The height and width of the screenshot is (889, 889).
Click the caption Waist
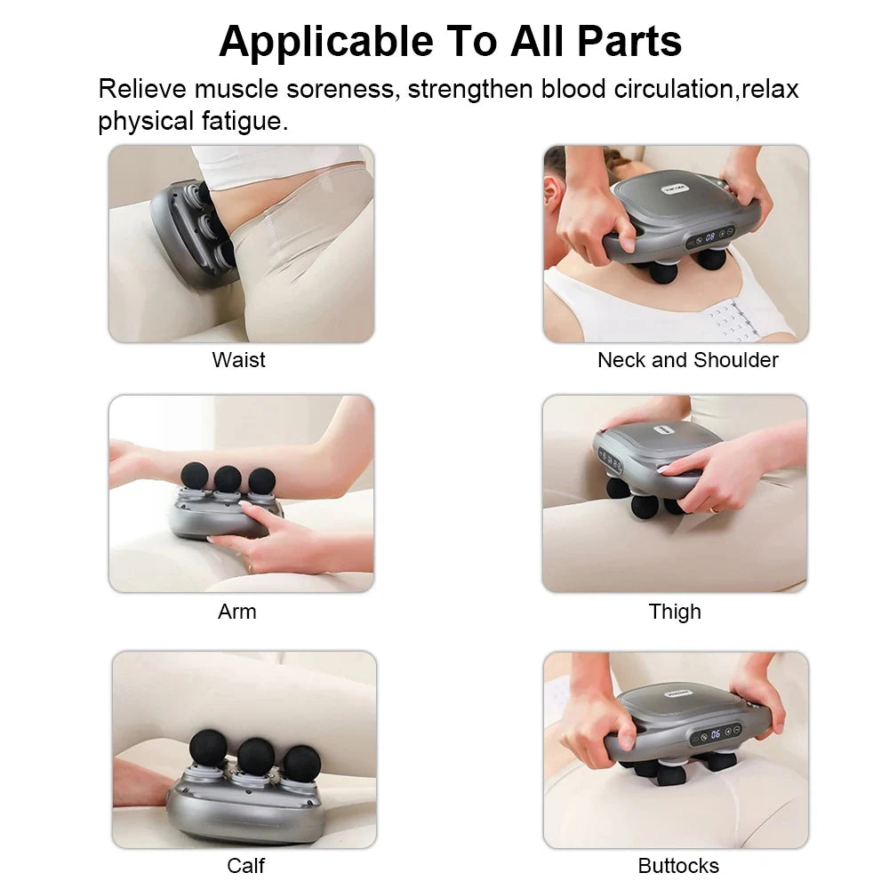tap(238, 360)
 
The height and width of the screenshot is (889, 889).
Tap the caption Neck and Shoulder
tap(687, 360)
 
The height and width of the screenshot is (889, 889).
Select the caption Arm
tap(236, 612)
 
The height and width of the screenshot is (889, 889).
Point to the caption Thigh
tap(675, 612)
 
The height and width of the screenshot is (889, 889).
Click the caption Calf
tap(245, 865)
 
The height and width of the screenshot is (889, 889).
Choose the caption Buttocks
tap(678, 865)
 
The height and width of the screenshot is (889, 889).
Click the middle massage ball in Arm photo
tap(228, 477)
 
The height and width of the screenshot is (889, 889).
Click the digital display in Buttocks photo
tap(716, 735)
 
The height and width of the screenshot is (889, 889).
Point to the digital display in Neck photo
tap(710, 237)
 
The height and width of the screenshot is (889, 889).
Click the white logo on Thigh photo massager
tap(661, 429)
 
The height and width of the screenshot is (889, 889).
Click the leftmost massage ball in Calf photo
tap(209, 748)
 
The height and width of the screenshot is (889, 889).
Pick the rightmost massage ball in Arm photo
tap(261, 480)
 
